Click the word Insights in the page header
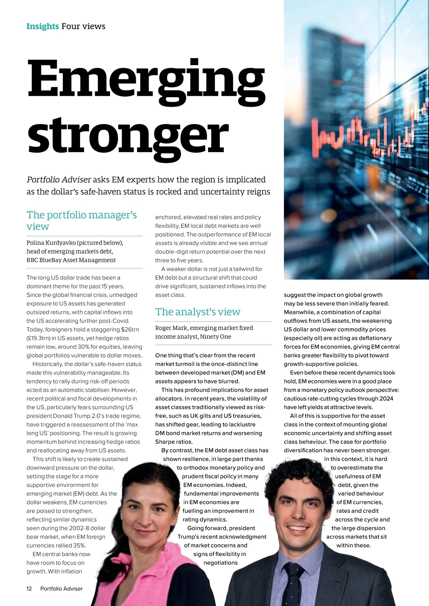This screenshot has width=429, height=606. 43,26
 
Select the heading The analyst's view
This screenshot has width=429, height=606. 198,312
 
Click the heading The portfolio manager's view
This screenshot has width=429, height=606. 82,220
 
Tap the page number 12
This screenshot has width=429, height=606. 29,588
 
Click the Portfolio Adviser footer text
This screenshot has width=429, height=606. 61,588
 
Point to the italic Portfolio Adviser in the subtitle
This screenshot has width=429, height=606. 59,180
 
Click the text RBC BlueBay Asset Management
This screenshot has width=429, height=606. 71,260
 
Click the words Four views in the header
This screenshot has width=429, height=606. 83,26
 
